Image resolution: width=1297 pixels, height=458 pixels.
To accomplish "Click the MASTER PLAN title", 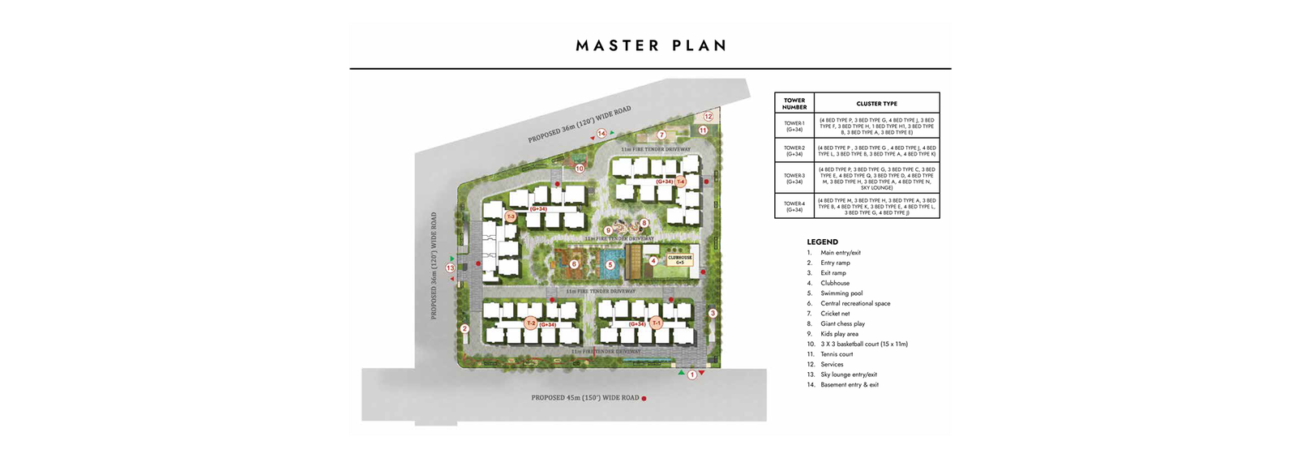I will click(x=651, y=45).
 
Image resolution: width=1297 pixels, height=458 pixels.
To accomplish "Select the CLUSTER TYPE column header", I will click(x=876, y=104).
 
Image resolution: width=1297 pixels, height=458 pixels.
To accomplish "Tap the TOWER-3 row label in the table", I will click(x=794, y=178).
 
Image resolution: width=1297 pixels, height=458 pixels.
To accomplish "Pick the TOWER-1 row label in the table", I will click(x=794, y=126).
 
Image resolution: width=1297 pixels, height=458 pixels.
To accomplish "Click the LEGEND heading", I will click(x=822, y=242).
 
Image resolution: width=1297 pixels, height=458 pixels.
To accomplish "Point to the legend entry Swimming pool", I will click(x=841, y=293).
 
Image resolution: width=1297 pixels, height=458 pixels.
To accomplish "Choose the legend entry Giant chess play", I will click(x=842, y=323).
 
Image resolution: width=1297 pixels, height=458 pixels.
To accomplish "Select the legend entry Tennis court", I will click(x=837, y=354).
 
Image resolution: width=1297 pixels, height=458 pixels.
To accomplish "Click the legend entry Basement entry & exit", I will click(x=849, y=385).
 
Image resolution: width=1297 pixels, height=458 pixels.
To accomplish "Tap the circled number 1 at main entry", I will click(x=692, y=375).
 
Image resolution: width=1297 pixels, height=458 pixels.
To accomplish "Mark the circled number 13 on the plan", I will click(x=450, y=268).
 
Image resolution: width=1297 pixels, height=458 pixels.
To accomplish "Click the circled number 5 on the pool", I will click(x=610, y=264).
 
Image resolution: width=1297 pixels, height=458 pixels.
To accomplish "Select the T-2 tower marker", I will click(x=530, y=323).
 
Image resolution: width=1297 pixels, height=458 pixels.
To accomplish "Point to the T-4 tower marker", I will click(x=681, y=182).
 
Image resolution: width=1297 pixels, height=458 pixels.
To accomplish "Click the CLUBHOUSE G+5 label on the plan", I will click(x=679, y=260).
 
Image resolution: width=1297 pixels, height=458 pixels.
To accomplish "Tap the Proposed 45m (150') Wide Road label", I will click(x=585, y=398).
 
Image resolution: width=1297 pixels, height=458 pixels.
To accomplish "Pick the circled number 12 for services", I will click(x=708, y=117).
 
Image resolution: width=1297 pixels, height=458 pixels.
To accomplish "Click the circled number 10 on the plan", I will click(x=579, y=169).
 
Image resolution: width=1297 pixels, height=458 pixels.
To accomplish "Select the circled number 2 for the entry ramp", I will click(x=464, y=328).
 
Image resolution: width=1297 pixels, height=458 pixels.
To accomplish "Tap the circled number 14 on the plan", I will click(x=601, y=133).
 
